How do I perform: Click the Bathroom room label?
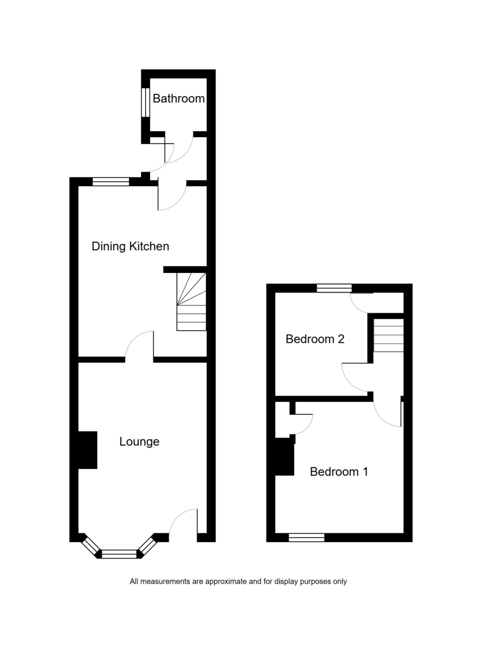[x=179, y=98]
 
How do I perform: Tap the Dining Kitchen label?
[x=130, y=246]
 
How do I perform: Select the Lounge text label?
[x=139, y=442]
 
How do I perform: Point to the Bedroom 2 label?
[x=315, y=339]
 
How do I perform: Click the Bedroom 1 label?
[x=339, y=472]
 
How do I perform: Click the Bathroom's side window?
[x=146, y=102]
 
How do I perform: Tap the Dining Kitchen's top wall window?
[x=110, y=182]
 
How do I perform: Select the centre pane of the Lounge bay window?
[x=119, y=554]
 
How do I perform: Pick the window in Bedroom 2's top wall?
[x=334, y=288]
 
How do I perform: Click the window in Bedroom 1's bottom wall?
[x=306, y=538]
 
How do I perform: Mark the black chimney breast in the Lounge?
[x=87, y=450]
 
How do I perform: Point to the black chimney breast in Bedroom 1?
[x=285, y=456]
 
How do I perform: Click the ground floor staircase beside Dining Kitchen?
[x=191, y=302]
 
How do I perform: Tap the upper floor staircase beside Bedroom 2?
[x=389, y=335]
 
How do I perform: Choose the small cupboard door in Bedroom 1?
[x=301, y=424]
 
